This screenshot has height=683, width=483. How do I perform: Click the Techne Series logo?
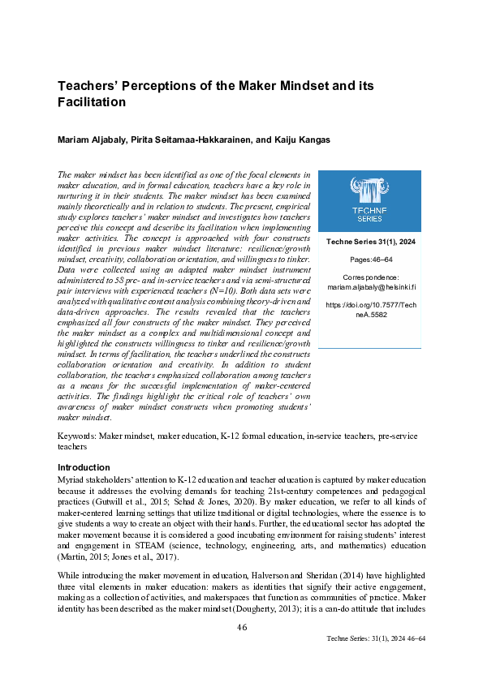click(x=369, y=200)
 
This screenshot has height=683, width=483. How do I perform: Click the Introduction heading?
click(x=84, y=467)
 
